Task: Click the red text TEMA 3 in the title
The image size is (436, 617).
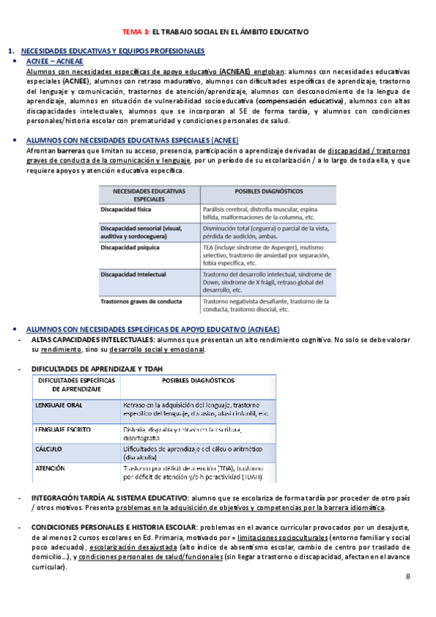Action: pyautogui.click(x=135, y=32)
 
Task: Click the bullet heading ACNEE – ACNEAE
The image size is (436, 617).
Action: pyautogui.click(x=53, y=62)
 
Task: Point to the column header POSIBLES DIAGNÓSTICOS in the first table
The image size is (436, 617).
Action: pyautogui.click(x=269, y=191)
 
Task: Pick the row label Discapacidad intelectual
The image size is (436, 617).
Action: pyautogui.click(x=133, y=274)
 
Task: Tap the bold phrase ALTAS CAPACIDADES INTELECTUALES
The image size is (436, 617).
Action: pyautogui.click(x=91, y=339)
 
